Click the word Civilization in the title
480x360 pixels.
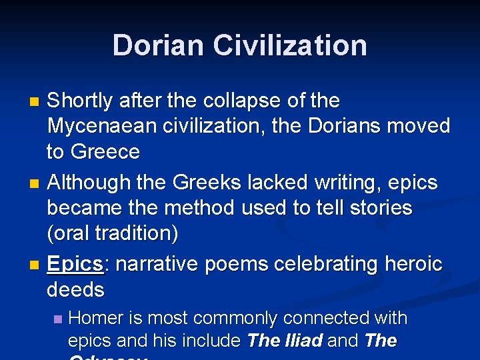[x=290, y=45]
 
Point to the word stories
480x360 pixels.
[x=379, y=208]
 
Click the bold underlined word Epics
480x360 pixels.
[x=75, y=264]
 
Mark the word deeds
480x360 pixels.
[x=75, y=290]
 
